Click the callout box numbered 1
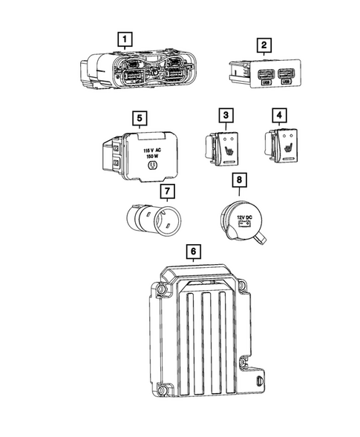127,38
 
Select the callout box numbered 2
262,46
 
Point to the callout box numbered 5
137,117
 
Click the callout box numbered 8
238,180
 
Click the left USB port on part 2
265,76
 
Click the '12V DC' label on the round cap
244,217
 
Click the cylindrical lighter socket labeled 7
151,220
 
